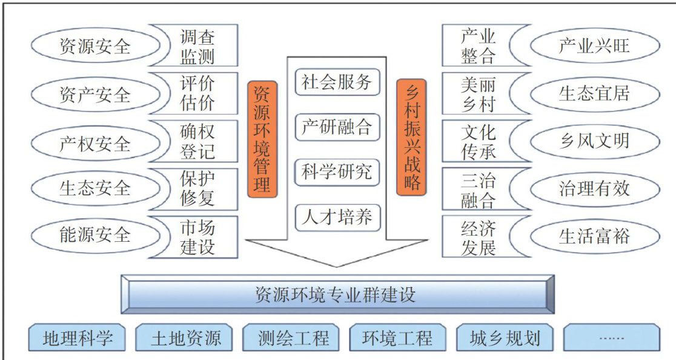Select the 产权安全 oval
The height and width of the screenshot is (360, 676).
pyautogui.click(x=94, y=143)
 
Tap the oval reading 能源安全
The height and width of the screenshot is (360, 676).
pyautogui.click(x=94, y=234)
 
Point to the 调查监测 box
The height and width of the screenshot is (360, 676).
pyautogui.click(x=197, y=47)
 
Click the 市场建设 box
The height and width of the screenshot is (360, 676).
pyautogui.click(x=197, y=237)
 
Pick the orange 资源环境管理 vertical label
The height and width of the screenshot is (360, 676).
pyautogui.click(x=262, y=139)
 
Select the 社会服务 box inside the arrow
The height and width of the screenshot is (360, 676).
pyautogui.click(x=337, y=82)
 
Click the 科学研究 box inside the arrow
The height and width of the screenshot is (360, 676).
pyautogui.click(x=337, y=172)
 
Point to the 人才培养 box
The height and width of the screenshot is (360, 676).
pyautogui.click(x=337, y=216)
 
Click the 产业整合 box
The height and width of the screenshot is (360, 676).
pyautogui.click(x=478, y=47)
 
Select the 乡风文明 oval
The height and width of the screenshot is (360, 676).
pyautogui.click(x=594, y=141)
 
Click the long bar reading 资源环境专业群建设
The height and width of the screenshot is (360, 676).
pyautogui.click(x=337, y=295)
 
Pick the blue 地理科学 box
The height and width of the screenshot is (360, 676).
pyautogui.click(x=77, y=338)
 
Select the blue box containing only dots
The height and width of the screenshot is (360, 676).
pyautogui.click(x=611, y=338)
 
